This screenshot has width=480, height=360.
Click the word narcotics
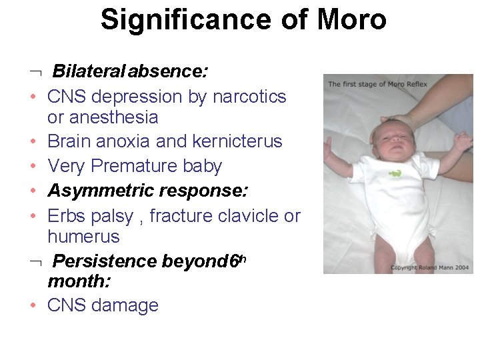pos(249,97)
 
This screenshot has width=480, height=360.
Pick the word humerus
pos(83,237)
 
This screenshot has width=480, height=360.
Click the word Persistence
pos(105,261)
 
